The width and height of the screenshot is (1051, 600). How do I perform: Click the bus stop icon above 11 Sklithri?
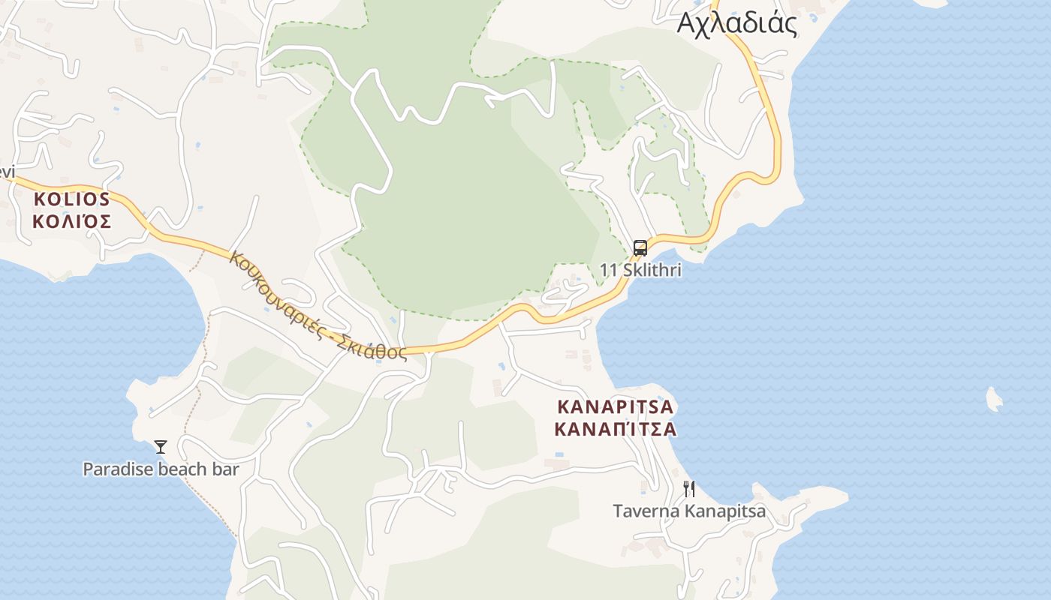(x=640, y=247)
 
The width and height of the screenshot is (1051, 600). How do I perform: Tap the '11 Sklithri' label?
(x=640, y=270)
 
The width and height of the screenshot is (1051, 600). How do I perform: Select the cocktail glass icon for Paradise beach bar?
(x=161, y=447)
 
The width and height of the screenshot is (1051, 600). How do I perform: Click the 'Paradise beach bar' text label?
(x=161, y=469)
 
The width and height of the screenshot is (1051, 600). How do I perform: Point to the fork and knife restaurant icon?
(x=689, y=489)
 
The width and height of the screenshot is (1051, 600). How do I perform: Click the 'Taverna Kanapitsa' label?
(x=689, y=511)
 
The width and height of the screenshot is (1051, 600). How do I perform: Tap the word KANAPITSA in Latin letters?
(x=616, y=407)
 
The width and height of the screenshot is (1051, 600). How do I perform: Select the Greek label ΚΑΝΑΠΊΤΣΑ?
(x=616, y=430)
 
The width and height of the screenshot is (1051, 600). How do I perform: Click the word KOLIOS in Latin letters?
(x=72, y=199)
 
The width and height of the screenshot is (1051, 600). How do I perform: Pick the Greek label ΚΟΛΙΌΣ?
(x=72, y=222)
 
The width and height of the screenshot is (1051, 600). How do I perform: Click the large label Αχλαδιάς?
(x=736, y=23)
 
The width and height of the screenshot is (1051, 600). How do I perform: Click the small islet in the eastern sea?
(x=994, y=399)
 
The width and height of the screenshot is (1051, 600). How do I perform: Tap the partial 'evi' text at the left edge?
(x=7, y=172)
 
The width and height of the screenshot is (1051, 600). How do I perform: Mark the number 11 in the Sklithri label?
(x=607, y=270)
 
